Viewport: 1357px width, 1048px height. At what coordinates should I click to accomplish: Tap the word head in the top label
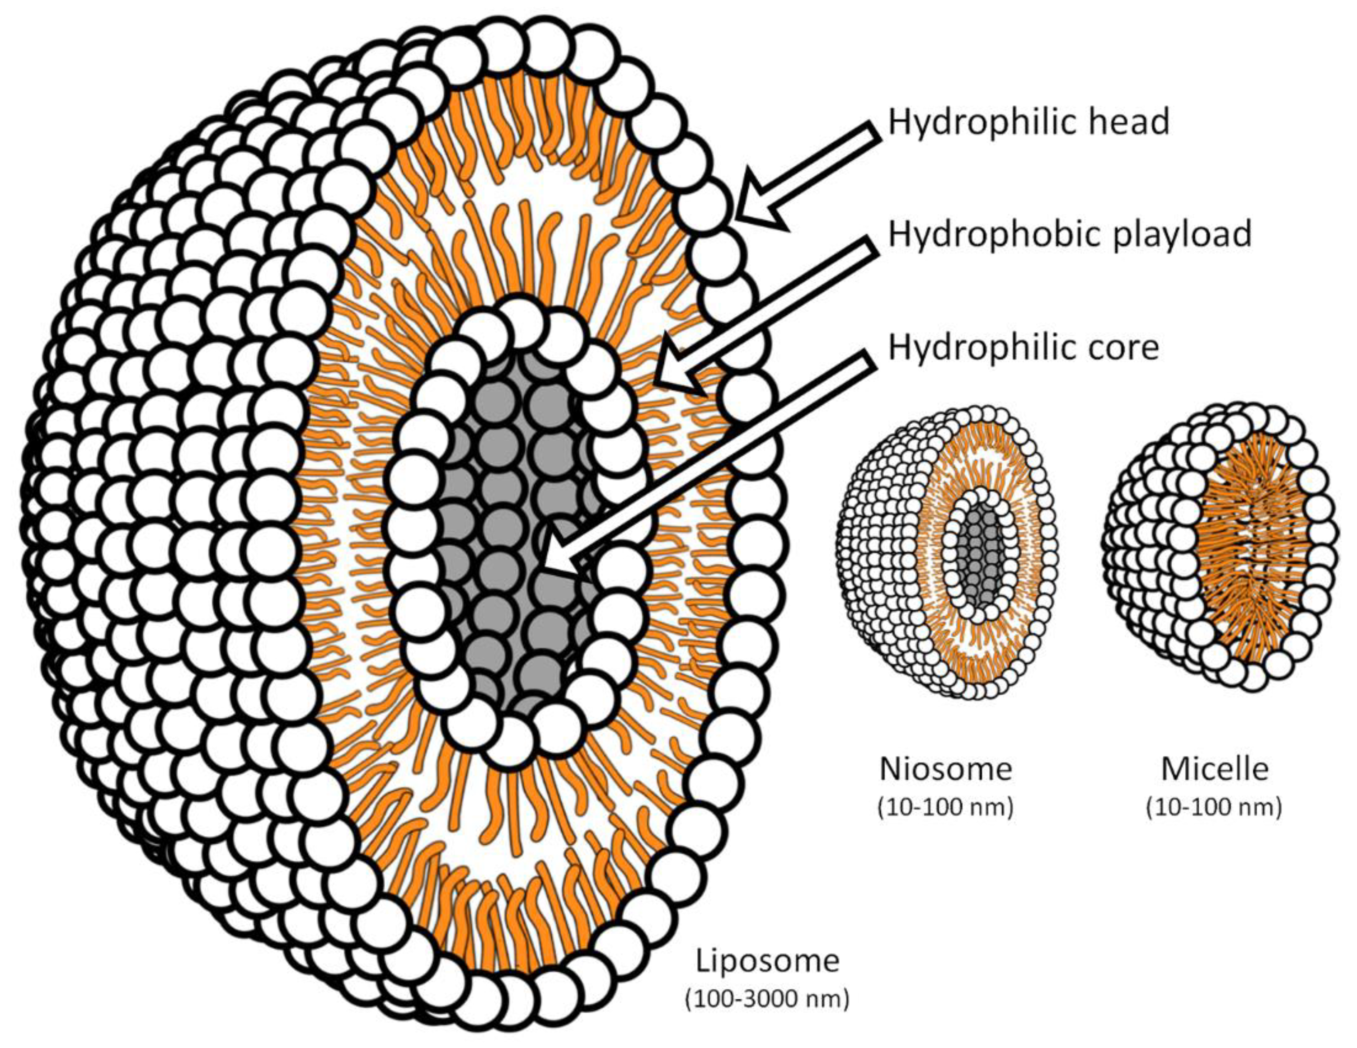coord(1125,122)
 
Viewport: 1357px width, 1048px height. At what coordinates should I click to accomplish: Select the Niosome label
coord(946,769)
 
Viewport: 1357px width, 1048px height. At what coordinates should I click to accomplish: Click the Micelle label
coord(1215,769)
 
